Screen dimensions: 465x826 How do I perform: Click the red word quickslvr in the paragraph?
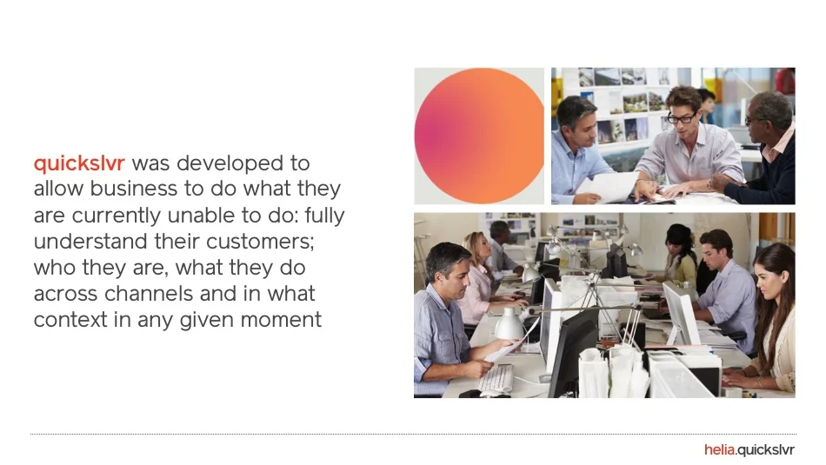[79, 163]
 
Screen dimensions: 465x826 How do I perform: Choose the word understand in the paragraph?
[90, 242]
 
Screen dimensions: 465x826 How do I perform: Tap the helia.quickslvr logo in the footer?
[749, 450]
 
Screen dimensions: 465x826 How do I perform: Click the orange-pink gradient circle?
[479, 136]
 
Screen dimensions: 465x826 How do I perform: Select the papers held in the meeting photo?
[609, 185]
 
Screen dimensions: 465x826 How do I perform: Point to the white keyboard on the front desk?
[496, 377]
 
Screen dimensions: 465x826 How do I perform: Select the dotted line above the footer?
[412, 434]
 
